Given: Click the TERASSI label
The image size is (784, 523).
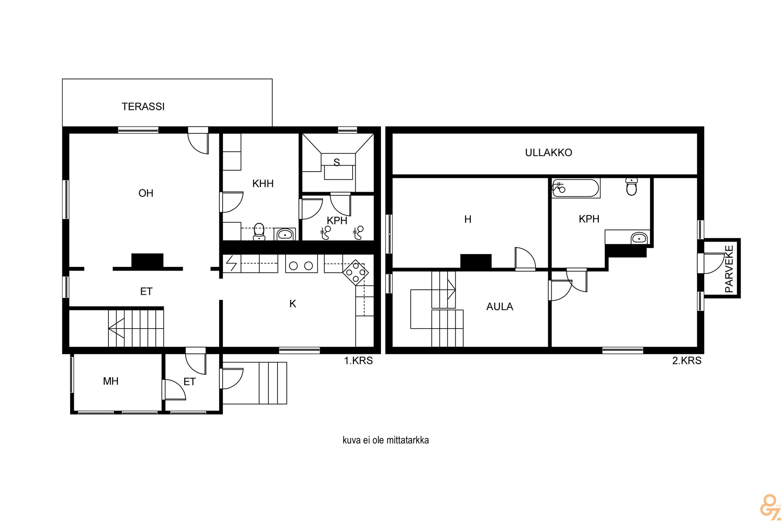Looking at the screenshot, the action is click(x=143, y=106).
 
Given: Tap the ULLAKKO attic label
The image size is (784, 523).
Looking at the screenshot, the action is click(x=548, y=152).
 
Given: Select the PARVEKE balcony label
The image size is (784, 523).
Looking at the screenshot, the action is click(x=729, y=269).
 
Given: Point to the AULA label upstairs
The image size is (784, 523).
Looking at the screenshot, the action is click(x=499, y=306).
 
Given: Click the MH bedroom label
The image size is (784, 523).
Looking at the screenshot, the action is click(x=111, y=381).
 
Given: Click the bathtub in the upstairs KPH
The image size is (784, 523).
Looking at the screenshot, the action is click(x=576, y=189).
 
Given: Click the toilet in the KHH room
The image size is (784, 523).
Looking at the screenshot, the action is click(x=259, y=232).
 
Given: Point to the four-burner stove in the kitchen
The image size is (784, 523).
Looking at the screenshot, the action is click(x=356, y=272).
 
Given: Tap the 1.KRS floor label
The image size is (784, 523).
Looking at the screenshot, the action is click(x=358, y=361).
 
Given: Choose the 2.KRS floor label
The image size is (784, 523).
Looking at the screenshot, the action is click(x=687, y=361).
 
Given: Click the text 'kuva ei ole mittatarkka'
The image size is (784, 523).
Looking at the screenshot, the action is click(x=386, y=440).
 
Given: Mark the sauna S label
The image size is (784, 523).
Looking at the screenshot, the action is click(x=337, y=162).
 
